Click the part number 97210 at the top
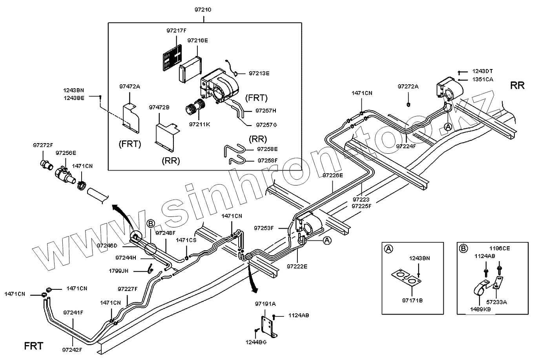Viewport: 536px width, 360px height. click(x=203, y=10)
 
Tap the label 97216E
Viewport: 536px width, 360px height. click(x=197, y=40)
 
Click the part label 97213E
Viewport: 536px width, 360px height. click(x=259, y=73)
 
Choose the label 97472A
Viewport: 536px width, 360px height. click(x=129, y=86)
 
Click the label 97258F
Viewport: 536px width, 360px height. click(x=267, y=160)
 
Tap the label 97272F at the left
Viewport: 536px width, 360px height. click(x=43, y=145)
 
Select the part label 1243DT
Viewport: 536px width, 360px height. click(x=482, y=71)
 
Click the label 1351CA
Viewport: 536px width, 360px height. click(x=482, y=79)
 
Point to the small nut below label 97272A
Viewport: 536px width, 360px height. click(x=408, y=104)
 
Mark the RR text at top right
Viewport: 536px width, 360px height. click(x=517, y=85)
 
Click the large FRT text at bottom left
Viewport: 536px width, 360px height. click(x=34, y=346)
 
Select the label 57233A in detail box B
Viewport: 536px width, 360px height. click(x=497, y=302)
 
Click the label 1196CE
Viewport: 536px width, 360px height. click(x=500, y=248)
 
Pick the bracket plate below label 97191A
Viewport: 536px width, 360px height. click(x=268, y=325)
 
